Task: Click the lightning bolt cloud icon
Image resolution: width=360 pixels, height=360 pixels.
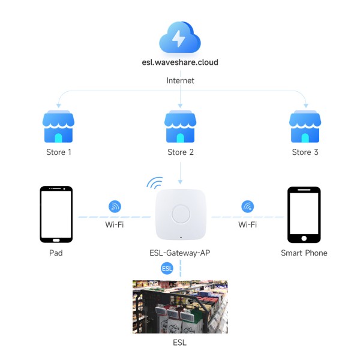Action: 180,37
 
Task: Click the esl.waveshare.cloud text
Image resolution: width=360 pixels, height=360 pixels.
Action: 180,62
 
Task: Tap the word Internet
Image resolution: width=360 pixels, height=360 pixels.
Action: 180,80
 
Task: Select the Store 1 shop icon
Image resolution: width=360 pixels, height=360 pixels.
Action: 58,127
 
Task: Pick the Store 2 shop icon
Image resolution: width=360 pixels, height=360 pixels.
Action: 180,127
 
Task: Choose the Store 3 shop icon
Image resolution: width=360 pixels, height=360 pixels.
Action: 305,127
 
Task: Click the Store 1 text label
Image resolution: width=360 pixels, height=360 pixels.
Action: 59,152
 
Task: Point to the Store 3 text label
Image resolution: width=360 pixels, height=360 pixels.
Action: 305,152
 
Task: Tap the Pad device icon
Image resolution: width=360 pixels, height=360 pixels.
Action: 56,214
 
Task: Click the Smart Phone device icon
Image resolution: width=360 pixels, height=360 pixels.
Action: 304,215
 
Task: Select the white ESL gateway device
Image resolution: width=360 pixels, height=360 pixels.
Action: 181,214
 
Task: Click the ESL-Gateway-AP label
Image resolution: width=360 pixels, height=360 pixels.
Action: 180,253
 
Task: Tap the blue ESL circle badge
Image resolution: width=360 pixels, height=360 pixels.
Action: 167,268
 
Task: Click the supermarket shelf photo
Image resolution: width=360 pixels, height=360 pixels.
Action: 180,307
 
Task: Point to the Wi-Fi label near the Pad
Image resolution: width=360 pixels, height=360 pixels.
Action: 115,224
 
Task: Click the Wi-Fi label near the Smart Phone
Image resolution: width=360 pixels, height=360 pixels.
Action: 247,224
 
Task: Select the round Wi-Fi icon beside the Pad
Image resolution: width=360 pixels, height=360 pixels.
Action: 115,206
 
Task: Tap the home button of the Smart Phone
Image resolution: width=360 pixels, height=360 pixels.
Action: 304,238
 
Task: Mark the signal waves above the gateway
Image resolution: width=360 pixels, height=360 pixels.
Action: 155,183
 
